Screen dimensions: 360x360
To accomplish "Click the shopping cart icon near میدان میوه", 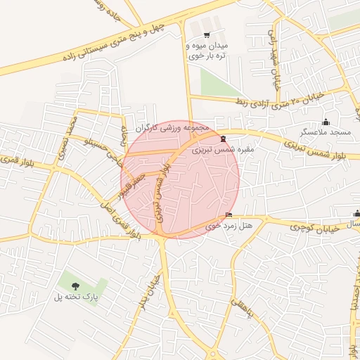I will (x=207, y=34).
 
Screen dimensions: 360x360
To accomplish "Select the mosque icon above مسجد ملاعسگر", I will (x=325, y=122).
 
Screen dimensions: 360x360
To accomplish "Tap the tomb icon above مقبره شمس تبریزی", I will (x=223, y=138).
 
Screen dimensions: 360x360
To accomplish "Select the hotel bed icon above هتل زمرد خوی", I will (x=228, y=215).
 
